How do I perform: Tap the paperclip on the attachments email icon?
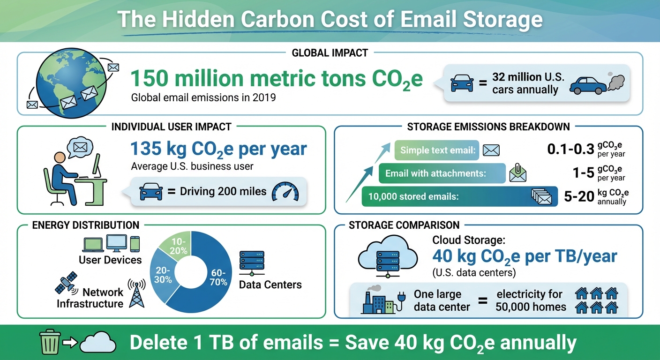516,167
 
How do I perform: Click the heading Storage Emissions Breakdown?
488,127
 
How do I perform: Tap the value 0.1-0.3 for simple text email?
570,150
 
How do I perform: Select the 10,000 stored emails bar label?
412,197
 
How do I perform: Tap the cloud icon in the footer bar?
97,342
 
